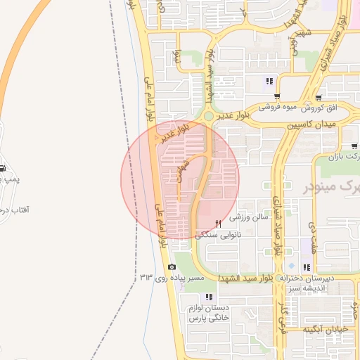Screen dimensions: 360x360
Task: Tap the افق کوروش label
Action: tap(320, 108)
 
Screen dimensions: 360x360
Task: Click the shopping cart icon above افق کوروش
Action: tap(320, 97)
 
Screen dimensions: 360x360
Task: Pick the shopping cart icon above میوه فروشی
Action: tap(278, 97)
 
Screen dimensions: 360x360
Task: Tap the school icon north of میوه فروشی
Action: tap(269, 81)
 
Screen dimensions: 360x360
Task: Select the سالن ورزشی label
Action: tap(252, 218)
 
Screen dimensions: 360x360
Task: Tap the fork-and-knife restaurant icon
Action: tap(218, 224)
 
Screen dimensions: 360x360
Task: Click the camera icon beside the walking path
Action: tap(172, 266)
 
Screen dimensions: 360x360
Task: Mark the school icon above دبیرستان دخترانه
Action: tap(306, 267)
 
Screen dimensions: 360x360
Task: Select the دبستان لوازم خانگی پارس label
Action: tap(209, 313)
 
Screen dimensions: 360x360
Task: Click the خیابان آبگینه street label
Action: tap(326, 329)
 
